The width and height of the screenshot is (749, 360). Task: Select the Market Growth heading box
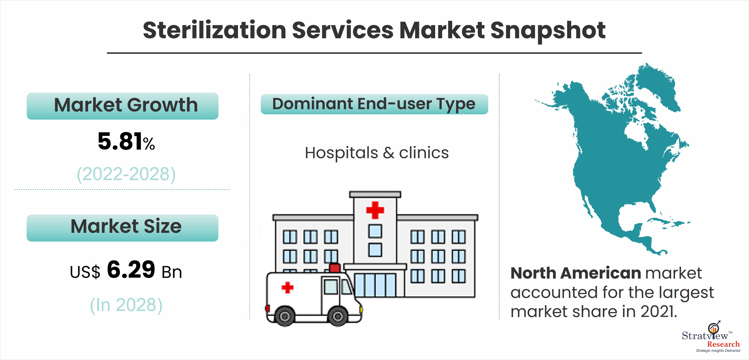coord(122,106)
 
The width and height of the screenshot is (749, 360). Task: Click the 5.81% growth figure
coord(126,141)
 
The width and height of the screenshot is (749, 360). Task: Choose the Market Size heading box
coord(122,228)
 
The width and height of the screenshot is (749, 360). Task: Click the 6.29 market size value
coord(131,269)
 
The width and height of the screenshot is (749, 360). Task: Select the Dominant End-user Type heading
coord(374,104)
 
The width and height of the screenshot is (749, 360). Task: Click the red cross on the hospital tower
coord(375,210)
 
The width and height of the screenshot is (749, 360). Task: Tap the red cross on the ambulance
coord(287,288)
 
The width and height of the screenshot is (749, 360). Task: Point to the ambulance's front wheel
coord(338,316)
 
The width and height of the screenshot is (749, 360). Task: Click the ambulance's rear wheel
coord(285,316)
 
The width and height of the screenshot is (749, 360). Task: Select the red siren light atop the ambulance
coord(335,268)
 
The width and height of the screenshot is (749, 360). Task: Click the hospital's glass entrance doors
coord(375,285)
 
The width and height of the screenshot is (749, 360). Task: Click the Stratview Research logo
coord(711,337)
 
